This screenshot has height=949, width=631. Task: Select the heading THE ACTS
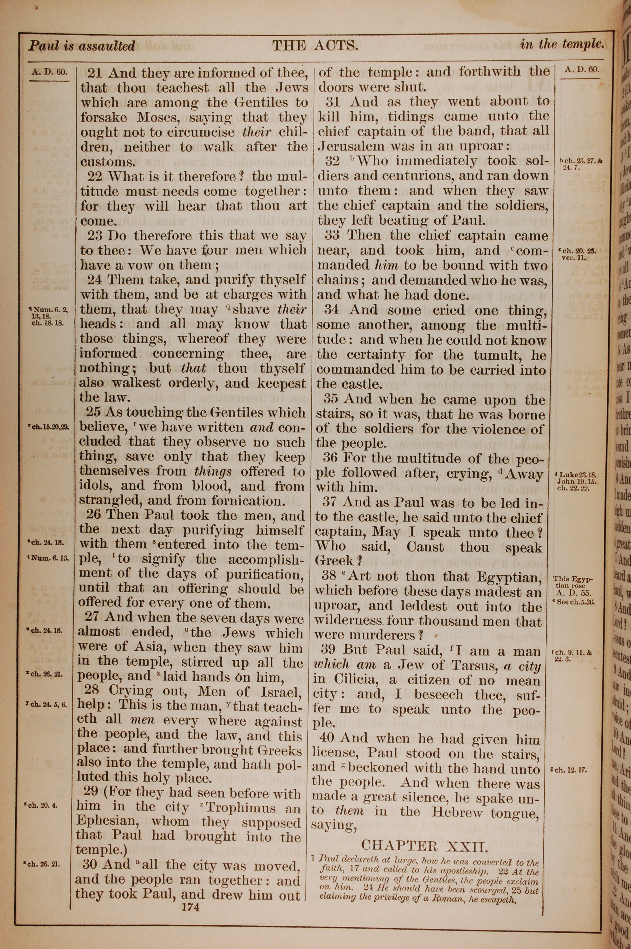(x=315, y=45)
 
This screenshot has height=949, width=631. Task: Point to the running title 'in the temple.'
(x=562, y=44)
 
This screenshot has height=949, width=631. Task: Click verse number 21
(x=95, y=73)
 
